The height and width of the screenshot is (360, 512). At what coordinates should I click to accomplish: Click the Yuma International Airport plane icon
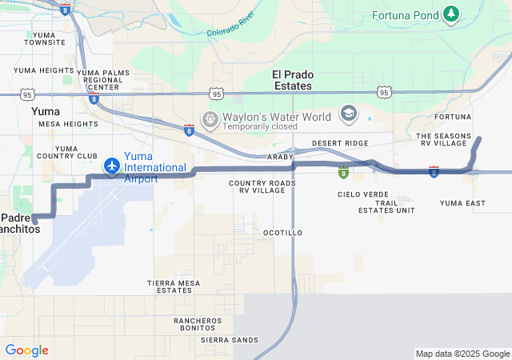point(112,166)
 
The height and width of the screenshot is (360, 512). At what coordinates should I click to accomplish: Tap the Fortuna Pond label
point(407,15)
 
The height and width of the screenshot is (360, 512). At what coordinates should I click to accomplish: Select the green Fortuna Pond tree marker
point(452,14)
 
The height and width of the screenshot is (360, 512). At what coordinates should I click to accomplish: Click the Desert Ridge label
point(340,143)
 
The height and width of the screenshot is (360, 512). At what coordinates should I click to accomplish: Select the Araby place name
point(282,157)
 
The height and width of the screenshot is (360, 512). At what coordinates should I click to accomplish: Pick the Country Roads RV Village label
point(262,186)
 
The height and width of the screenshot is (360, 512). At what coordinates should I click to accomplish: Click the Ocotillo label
point(282,233)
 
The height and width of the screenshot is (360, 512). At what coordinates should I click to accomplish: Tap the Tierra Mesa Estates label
point(174,286)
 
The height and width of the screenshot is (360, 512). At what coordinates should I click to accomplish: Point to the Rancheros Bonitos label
point(198,324)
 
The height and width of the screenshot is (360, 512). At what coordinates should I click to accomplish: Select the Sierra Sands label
point(230,340)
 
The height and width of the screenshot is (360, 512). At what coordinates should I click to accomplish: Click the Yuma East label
point(462,203)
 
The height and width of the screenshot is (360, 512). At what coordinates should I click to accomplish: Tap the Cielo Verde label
point(363,194)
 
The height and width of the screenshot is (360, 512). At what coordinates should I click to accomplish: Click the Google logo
point(26,350)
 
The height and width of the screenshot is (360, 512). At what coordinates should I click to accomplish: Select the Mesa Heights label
point(68,125)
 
